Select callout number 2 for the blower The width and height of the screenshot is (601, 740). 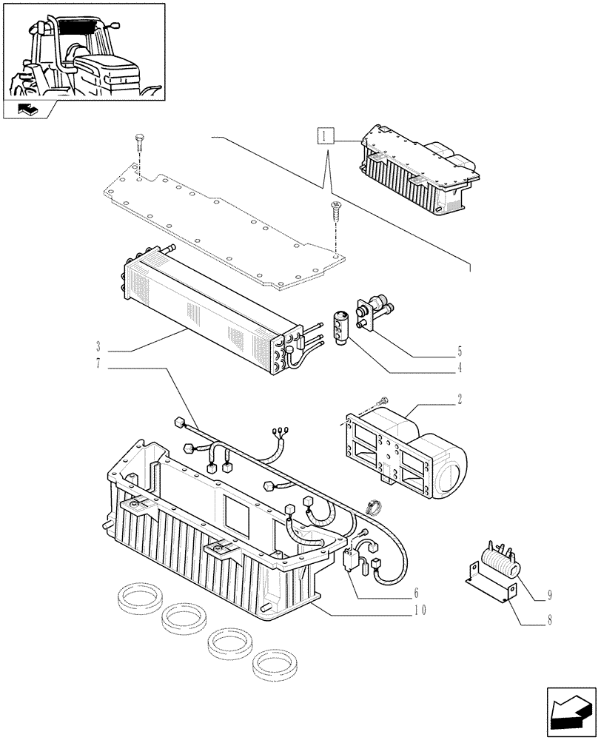(460, 399)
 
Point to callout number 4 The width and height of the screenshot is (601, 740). (460, 366)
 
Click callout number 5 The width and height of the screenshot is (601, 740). (460, 350)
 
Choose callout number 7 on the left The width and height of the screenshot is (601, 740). (98, 363)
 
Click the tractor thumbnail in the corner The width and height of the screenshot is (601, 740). (84, 52)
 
